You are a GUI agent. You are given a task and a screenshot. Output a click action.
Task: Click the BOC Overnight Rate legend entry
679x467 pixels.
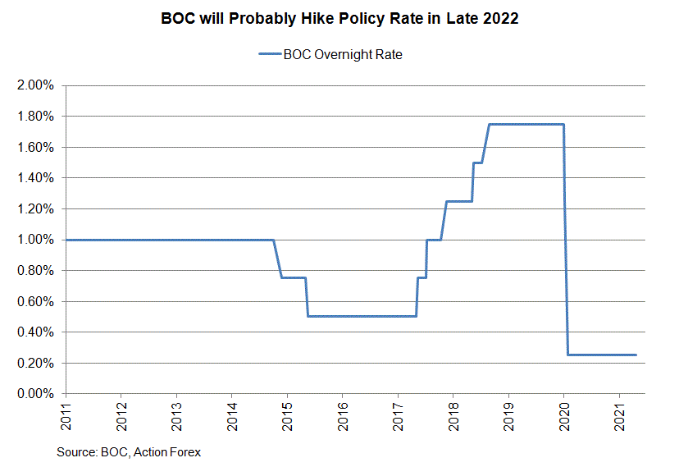point(330,55)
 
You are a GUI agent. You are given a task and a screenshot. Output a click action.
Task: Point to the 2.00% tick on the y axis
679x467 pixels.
point(35,85)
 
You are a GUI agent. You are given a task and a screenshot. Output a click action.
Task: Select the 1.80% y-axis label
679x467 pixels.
point(35,117)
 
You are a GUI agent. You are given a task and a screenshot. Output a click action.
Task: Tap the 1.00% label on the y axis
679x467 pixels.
point(35,240)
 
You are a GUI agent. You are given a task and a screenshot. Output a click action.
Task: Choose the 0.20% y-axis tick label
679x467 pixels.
point(35,363)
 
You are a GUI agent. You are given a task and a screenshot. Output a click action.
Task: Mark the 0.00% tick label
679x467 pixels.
point(35,394)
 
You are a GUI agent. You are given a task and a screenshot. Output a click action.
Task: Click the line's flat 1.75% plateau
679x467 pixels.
point(525,124)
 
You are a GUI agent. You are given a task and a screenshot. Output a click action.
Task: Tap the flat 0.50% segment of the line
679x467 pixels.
point(361,316)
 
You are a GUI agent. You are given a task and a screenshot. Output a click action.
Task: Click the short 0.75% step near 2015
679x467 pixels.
point(294,277)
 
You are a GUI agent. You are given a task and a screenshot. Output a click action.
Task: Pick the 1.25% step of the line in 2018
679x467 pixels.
point(459,201)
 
